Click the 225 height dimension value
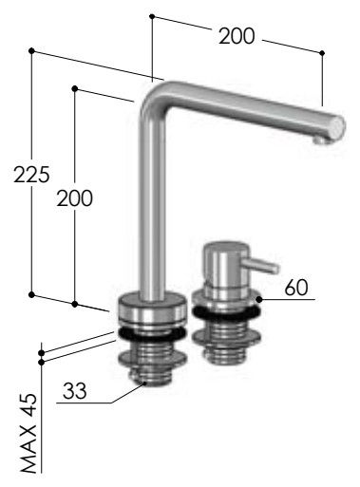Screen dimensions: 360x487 point(31,175)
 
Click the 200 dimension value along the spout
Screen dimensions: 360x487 point(237,36)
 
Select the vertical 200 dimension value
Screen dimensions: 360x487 point(75,198)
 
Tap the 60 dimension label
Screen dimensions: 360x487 point(296,288)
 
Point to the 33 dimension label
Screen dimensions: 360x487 point(75,390)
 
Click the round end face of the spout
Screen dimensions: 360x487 point(337,128)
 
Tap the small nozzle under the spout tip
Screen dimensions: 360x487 point(319,140)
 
